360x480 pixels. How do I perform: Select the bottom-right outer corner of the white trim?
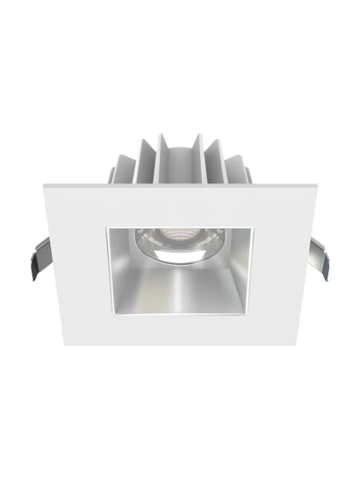(x=298, y=346)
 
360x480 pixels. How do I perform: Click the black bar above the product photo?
(x=180, y=28)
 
